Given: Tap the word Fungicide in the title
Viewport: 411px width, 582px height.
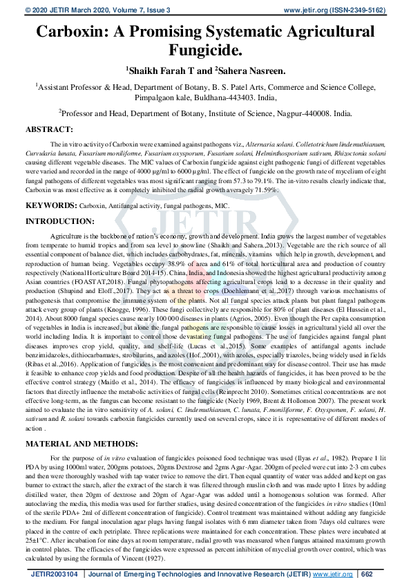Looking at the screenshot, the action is coord(205,50).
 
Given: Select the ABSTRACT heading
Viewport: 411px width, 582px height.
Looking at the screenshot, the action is coord(49,129).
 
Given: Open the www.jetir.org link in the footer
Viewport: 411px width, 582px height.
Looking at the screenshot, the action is coord(328,574).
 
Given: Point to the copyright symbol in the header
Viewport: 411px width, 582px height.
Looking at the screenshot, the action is coord(28,9).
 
